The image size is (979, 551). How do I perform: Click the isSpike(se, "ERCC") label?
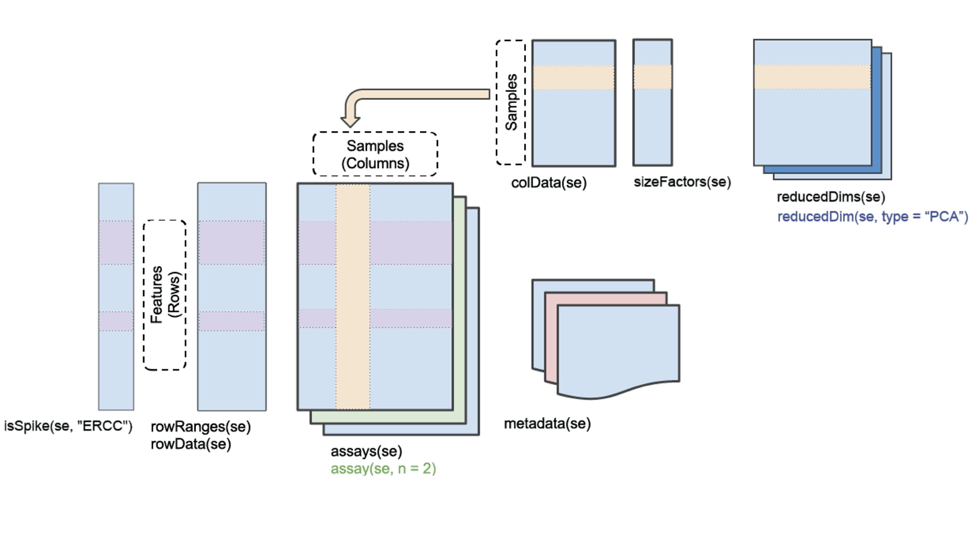pyautogui.click(x=68, y=426)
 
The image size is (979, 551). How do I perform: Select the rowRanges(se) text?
pyautogui.click(x=200, y=427)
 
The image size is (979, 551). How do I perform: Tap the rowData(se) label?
pyautogui.click(x=191, y=444)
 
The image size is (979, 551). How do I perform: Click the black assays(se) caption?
pyautogui.click(x=366, y=451)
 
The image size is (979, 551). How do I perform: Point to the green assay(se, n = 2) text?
pyautogui.click(x=383, y=468)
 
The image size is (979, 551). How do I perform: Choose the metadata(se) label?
pyautogui.click(x=547, y=423)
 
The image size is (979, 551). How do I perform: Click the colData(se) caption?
pyautogui.click(x=549, y=183)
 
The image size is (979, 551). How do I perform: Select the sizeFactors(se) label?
pyautogui.click(x=682, y=182)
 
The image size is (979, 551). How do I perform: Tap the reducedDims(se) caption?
pyautogui.click(x=831, y=197)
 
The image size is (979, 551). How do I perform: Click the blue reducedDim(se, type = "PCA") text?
pyautogui.click(x=872, y=216)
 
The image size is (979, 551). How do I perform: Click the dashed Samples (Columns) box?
pyautogui.click(x=375, y=154)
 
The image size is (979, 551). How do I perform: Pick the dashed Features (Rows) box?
pyautogui.click(x=165, y=295)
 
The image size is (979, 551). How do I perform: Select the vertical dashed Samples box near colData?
pyautogui.click(x=511, y=103)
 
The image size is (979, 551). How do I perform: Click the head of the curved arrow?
pyautogui.click(x=350, y=121)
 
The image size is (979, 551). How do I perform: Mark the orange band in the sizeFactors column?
pyautogui.click(x=653, y=77)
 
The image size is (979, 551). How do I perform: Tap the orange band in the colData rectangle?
pyautogui.click(x=574, y=78)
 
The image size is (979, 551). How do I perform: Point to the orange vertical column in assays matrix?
pyautogui.click(x=353, y=296)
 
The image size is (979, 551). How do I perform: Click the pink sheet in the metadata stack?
pyautogui.click(x=551, y=337)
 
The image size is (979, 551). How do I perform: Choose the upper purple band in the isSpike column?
pyautogui.click(x=116, y=242)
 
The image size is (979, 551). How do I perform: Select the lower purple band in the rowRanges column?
pyautogui.click(x=232, y=321)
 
